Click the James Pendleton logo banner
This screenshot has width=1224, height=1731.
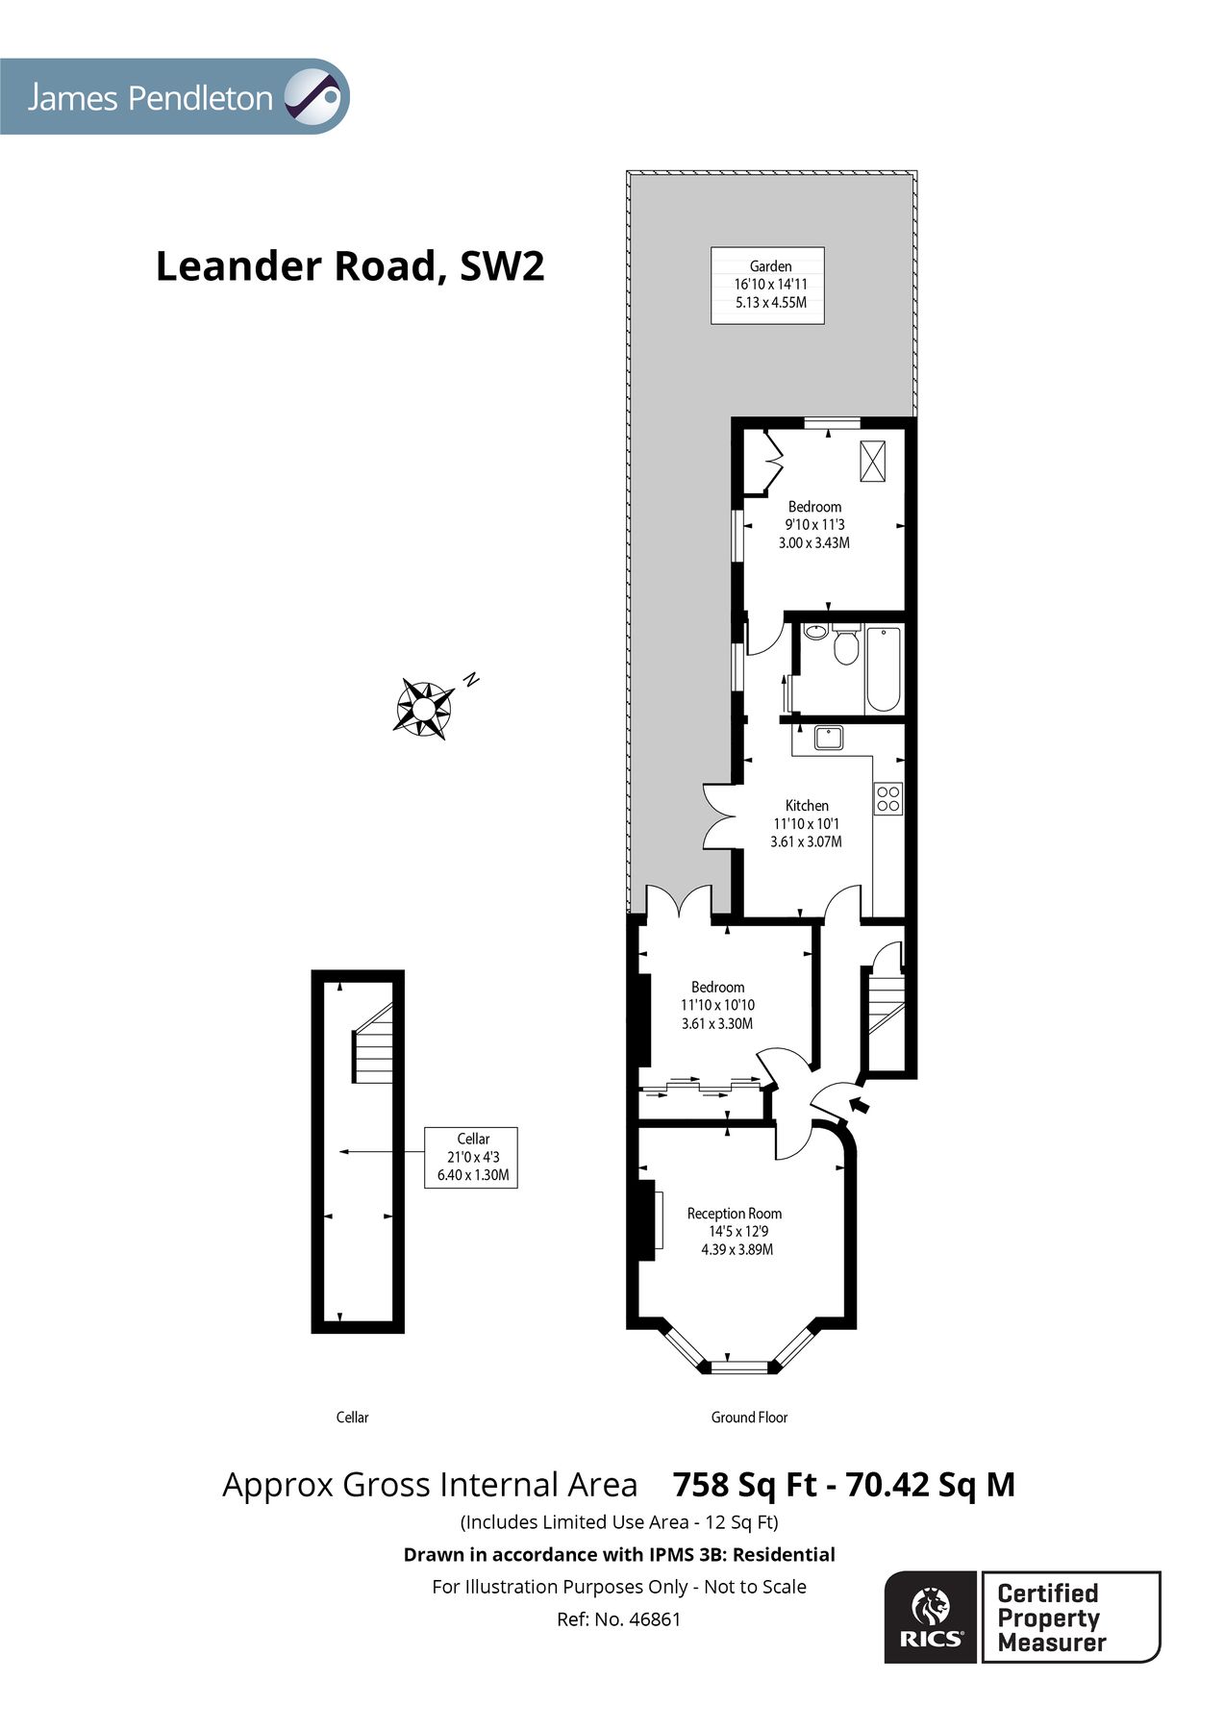pyautogui.click(x=173, y=96)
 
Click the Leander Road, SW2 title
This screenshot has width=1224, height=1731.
pyautogui.click(x=350, y=266)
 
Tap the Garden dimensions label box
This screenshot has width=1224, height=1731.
pyautogui.click(x=768, y=285)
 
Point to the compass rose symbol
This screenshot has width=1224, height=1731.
pyautogui.click(x=423, y=709)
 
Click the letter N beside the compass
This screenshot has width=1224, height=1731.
pyautogui.click(x=471, y=679)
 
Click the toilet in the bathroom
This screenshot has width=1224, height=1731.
pyautogui.click(x=846, y=645)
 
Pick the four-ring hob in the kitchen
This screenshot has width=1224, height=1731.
pyautogui.click(x=888, y=798)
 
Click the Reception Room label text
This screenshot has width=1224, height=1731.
pyautogui.click(x=735, y=1214)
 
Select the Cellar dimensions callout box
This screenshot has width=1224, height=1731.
pyautogui.click(x=471, y=1157)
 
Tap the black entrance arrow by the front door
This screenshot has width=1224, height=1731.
pyautogui.click(x=859, y=1105)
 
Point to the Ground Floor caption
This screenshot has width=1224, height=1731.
pyautogui.click(x=749, y=1417)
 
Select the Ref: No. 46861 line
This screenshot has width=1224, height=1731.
pyautogui.click(x=618, y=1619)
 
